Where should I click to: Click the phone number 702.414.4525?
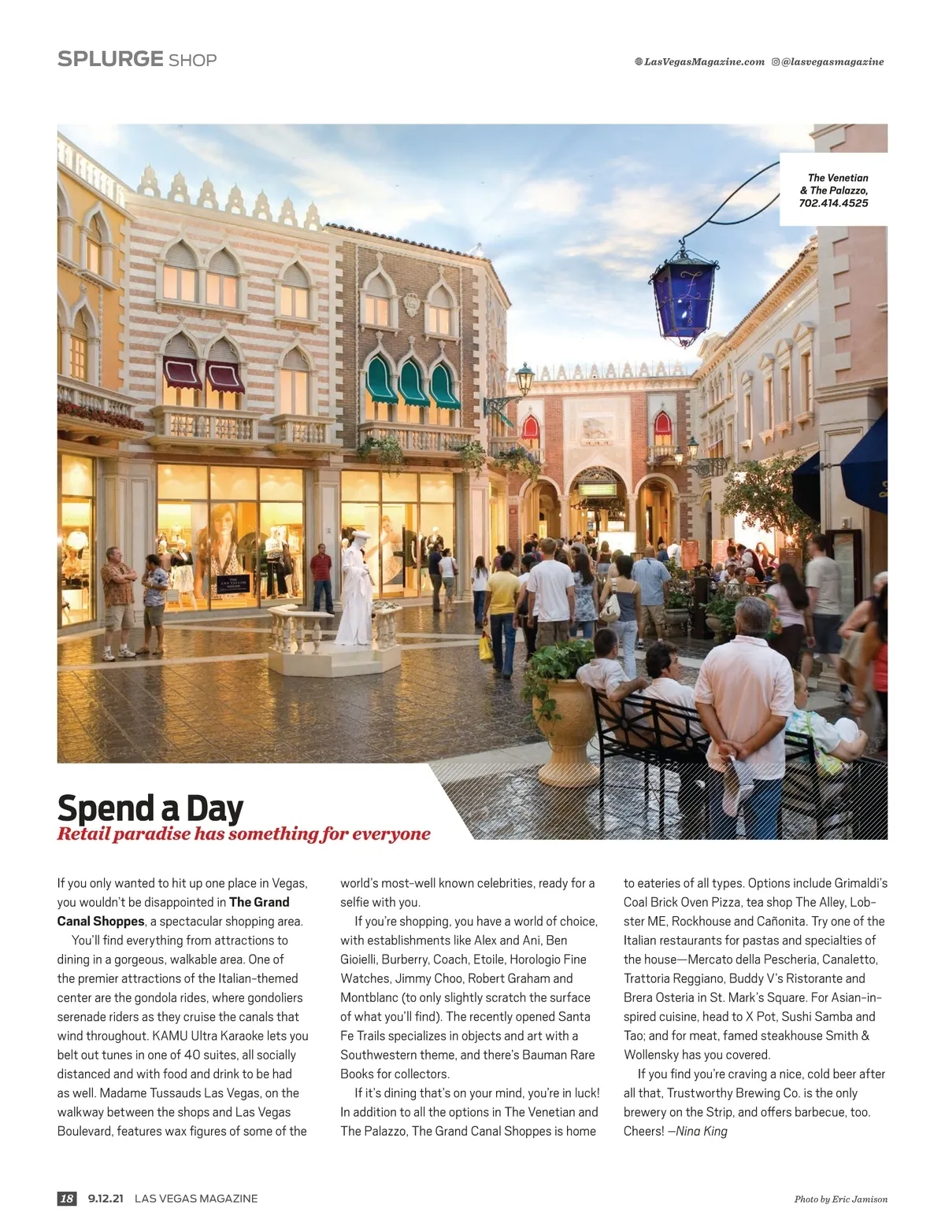tap(833, 203)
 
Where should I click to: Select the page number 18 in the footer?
tap(67, 1199)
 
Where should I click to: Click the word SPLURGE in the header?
tap(110, 60)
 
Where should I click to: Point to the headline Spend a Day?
tap(150, 808)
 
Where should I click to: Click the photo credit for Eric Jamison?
tap(840, 1200)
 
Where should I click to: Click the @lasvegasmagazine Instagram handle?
tap(832, 62)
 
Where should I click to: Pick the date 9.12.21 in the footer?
tap(106, 1199)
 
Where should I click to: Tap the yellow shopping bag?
tap(485, 647)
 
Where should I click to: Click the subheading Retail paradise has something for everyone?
tap(243, 834)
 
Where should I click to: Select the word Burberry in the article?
tap(405, 959)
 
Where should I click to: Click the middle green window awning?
tap(413, 383)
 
